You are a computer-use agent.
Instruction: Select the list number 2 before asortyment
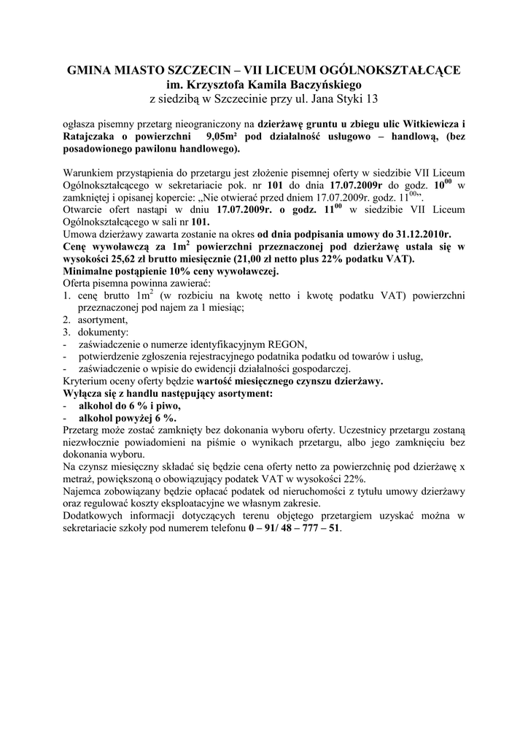click(66, 320)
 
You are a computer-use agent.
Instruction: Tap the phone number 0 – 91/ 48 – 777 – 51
click(293, 527)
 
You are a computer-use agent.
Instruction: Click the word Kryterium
click(85, 381)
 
